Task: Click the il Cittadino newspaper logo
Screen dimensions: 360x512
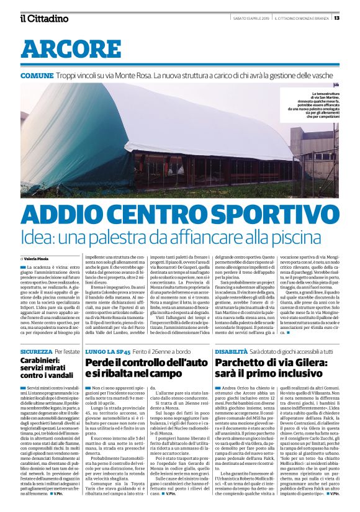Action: point(43,18)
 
